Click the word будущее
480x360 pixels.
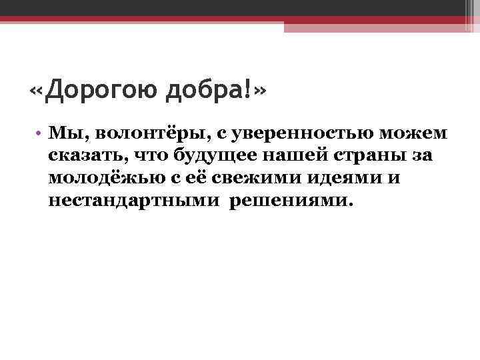[x=203, y=157]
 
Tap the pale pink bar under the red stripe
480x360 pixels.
[x=380, y=27]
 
